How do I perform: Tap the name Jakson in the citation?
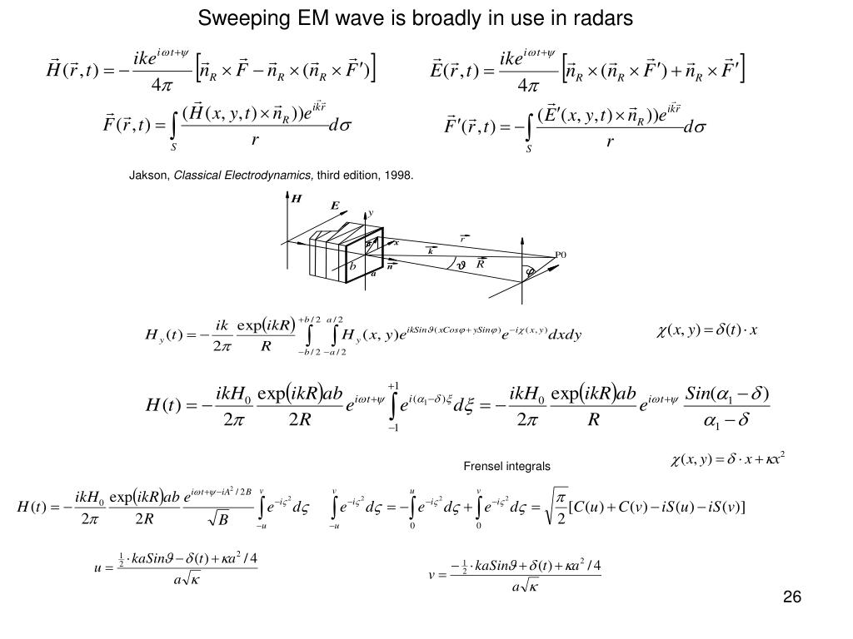pos(148,176)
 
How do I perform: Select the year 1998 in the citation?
pos(400,176)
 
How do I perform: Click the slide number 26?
pos(791,598)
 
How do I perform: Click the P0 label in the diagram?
pos(561,255)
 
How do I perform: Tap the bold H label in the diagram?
pos(296,199)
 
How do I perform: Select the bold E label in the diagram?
pos(335,206)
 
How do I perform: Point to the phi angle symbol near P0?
pos(528,271)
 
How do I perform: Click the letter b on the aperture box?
pos(352,266)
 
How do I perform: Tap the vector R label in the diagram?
pos(481,263)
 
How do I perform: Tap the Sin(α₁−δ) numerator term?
pos(727,391)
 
